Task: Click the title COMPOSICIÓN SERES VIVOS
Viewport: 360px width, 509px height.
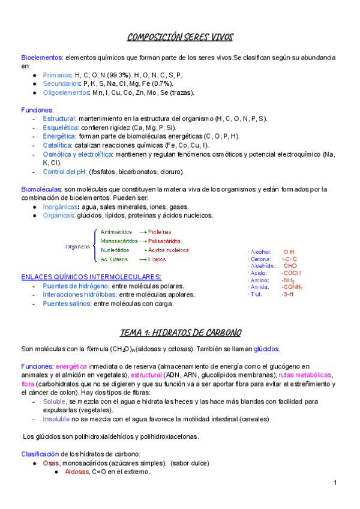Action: [180, 38]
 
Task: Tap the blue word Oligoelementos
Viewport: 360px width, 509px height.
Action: [65, 93]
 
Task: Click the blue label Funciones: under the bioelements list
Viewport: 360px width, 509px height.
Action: [37, 110]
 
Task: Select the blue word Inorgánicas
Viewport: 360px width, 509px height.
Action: [62, 207]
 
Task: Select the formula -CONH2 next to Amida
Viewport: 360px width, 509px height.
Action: [292, 288]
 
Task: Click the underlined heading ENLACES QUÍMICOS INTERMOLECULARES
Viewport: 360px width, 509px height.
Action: [91, 277]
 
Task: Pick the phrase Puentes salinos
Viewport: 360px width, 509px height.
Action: [66, 304]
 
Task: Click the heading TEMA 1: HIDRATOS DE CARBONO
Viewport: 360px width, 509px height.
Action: [180, 333]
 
